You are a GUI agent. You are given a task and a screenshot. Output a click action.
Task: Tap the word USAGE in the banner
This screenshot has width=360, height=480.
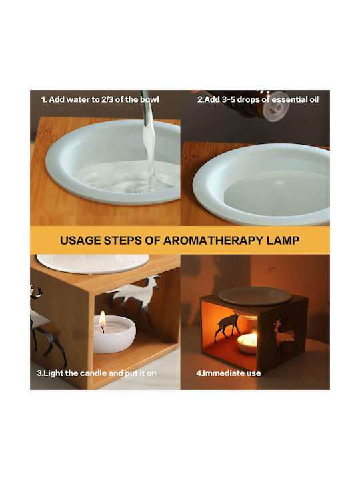pyautogui.click(x=80, y=240)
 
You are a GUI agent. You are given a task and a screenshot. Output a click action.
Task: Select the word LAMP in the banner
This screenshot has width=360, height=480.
pyautogui.click(x=283, y=240)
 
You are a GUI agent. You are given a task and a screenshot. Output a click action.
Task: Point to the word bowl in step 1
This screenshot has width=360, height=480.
pyautogui.click(x=150, y=99)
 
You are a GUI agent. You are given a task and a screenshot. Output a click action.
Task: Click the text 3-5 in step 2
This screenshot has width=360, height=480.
pyautogui.click(x=228, y=99)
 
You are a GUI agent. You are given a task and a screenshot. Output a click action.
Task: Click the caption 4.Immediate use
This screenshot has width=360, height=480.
pyautogui.click(x=229, y=373)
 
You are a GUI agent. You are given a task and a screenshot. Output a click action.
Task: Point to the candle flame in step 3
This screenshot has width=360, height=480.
pyautogui.click(x=103, y=319)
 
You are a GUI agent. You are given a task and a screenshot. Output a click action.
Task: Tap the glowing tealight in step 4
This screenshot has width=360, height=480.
pyautogui.click(x=247, y=343)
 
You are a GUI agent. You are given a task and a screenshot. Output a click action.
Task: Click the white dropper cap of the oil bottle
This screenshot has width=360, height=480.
pyautogui.click(x=278, y=106)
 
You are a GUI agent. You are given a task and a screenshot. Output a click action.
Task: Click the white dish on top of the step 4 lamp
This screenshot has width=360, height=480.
pyautogui.click(x=255, y=296)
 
